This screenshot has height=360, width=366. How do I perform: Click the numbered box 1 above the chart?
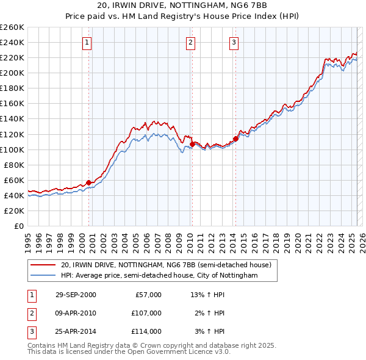(87, 43)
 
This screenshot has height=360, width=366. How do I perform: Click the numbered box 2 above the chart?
(191, 43)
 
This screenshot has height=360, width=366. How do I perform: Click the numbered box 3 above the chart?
(234, 43)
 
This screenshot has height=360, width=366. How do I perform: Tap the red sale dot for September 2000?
(88, 182)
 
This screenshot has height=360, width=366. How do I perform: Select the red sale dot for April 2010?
(192, 144)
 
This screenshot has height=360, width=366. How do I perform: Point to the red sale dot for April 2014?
(235, 139)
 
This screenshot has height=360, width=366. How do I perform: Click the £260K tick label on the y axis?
(12, 27)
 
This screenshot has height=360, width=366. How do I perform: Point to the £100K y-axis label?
(12, 149)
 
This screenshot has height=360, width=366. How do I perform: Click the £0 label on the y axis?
(18, 226)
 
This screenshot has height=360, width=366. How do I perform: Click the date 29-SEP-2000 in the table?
(76, 295)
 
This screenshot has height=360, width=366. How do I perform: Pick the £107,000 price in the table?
(146, 313)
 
